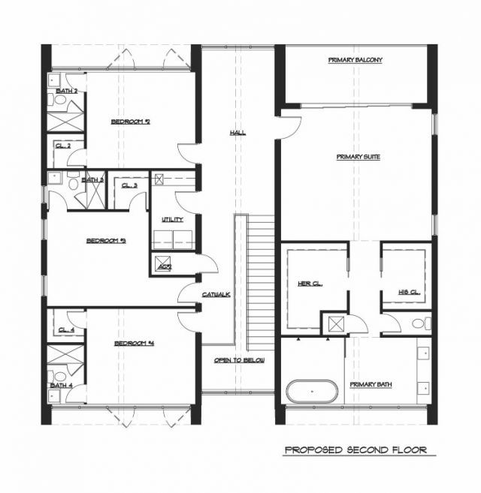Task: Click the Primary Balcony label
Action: tap(355, 59)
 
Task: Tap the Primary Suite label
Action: tap(357, 158)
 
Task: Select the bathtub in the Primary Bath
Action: tap(313, 392)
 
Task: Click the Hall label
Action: tap(237, 133)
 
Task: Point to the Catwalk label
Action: tap(216, 294)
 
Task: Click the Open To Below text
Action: tap(239, 360)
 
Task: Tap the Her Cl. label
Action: tap(310, 284)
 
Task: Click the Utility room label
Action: tap(173, 219)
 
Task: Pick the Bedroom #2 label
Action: tap(131, 121)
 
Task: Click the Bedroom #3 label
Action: tap(105, 241)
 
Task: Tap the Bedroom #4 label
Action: tap(134, 344)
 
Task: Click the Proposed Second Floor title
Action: tap(355, 450)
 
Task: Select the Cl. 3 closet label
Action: tap(129, 185)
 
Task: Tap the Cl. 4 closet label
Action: tap(65, 329)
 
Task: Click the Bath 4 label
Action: tap(61, 386)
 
